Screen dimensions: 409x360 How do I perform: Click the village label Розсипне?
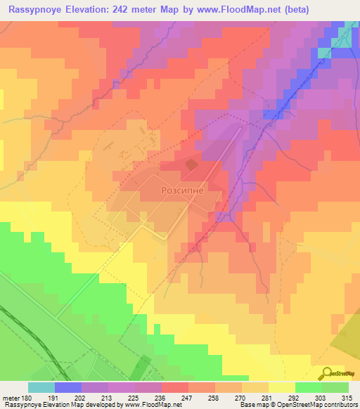182,189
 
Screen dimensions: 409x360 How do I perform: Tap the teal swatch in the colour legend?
41,387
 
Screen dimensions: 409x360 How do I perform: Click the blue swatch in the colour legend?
68,387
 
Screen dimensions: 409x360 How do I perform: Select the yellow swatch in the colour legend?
282,387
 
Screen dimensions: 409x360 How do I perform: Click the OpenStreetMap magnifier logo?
326,372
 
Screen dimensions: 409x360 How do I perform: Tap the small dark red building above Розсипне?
191,164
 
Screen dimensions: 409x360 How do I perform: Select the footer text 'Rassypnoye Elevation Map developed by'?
59,405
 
